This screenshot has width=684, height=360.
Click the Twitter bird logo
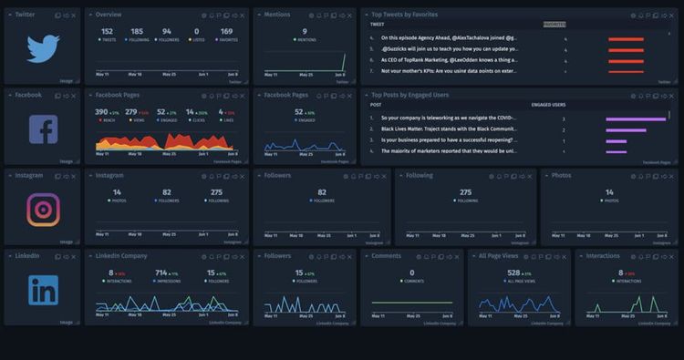click(43, 48)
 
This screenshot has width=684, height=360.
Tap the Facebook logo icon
click(43, 129)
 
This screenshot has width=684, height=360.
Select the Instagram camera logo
click(43, 210)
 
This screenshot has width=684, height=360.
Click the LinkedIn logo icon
click(43, 290)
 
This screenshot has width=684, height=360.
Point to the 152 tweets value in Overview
click(108, 31)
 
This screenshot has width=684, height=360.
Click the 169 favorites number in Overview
click(226, 31)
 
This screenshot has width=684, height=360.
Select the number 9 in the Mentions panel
click(305, 31)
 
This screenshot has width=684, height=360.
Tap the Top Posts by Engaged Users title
click(409, 95)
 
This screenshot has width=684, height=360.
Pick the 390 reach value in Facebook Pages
click(101, 112)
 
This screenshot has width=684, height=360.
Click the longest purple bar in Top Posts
click(636, 118)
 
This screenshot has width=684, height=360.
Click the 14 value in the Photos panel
click(609, 192)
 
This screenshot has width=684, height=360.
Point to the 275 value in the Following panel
click(466, 192)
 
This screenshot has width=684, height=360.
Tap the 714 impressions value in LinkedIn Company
click(161, 273)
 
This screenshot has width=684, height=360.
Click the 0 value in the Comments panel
click(411, 273)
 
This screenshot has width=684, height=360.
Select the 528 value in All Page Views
click(513, 273)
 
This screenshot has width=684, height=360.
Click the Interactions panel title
click(603, 256)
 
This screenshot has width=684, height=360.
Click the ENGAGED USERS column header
click(548, 105)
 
